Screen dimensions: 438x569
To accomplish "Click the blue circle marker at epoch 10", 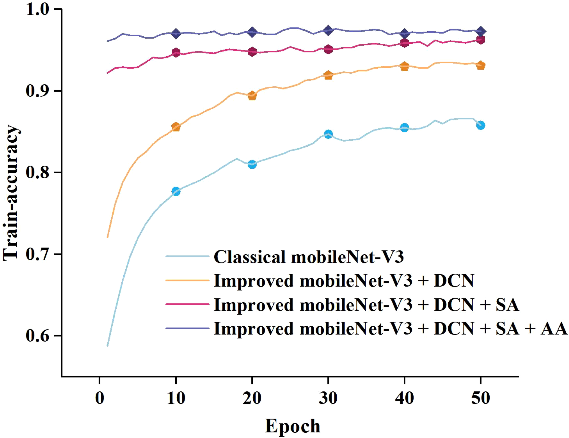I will pyautogui.click(x=176, y=192).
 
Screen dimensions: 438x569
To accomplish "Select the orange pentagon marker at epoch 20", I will pyautogui.click(x=252, y=95).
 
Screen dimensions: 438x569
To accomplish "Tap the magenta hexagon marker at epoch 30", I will pyautogui.click(x=328, y=49).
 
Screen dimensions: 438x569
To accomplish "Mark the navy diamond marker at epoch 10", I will pyautogui.click(x=176, y=34).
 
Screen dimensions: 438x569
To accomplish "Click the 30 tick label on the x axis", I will pyautogui.click(x=328, y=398).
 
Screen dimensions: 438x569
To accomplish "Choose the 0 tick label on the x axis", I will pyautogui.click(x=99, y=398).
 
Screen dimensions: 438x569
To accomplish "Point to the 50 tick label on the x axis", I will pyautogui.click(x=480, y=398).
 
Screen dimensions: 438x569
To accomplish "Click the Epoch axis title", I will pyautogui.click(x=292, y=426).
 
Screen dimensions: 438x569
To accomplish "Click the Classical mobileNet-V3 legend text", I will pyautogui.click(x=308, y=257).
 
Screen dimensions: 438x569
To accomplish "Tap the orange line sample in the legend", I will pyautogui.click(x=187, y=280).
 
